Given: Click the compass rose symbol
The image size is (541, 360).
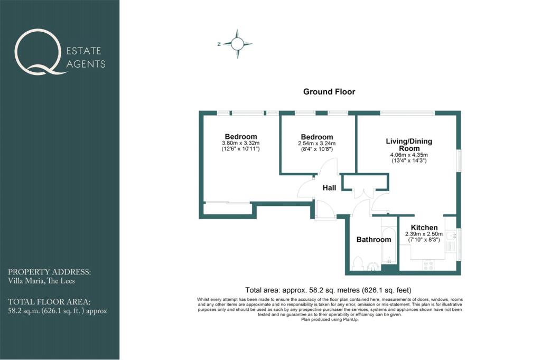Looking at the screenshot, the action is pos(237,44).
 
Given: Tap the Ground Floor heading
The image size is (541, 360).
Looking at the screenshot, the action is pos(329,92).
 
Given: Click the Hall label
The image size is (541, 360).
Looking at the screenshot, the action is pos(329,188).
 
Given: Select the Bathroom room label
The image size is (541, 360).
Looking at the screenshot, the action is pos(374,239).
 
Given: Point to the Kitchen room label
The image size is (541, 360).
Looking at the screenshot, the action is pos(424,228).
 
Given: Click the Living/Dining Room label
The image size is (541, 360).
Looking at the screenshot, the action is pos(409,145).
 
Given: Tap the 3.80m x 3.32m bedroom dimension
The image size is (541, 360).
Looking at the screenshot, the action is pos(241,143).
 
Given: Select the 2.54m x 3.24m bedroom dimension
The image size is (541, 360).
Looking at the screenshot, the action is pos(317,144).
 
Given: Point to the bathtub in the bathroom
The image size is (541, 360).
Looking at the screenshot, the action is pos(389,245).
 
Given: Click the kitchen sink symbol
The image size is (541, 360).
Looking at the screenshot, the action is pos(451,235).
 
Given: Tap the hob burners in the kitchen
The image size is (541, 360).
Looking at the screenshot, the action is pos(428,266).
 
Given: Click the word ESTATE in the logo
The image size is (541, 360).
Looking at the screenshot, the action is pos(84,51).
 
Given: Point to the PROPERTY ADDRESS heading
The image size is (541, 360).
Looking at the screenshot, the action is pos(49,272).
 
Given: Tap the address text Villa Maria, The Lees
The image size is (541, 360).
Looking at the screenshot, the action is pos(41,281).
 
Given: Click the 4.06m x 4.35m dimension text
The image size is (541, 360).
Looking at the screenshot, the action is pos(409,155).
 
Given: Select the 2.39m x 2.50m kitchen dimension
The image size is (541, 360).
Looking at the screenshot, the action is pos(424,234).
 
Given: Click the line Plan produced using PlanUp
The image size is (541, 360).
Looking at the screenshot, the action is pos(330,320).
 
